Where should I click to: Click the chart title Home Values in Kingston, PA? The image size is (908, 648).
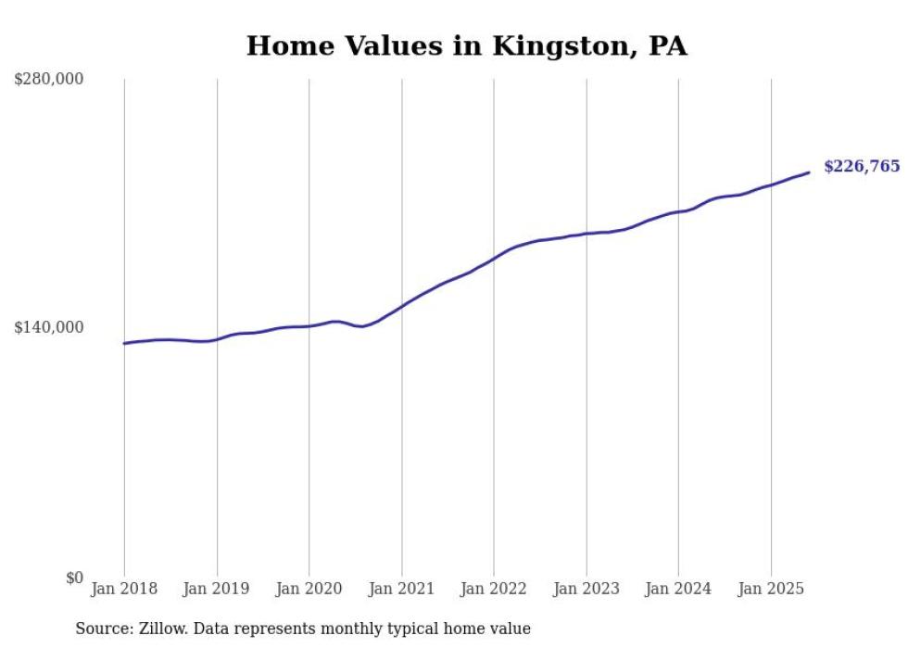pos(466,46)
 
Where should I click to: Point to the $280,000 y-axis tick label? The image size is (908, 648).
pos(48,80)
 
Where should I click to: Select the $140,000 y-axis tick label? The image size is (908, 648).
pos(48,327)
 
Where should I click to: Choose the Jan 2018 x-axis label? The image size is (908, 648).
pos(124,589)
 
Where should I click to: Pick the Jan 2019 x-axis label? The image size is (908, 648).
pos(217,589)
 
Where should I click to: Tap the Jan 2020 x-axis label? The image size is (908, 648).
pos(309,589)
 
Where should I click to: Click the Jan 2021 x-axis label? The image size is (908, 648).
pos(401,589)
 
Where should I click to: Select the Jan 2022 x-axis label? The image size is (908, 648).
pos(494,589)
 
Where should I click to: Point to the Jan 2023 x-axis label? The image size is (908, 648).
pos(586,589)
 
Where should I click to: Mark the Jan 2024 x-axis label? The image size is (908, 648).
pos(678,589)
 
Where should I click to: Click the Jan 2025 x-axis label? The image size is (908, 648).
pos(771,589)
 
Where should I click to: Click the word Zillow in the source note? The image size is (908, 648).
pos(158,629)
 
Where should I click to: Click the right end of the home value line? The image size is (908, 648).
pos(809,172)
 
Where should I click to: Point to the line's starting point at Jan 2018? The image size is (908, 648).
pos(124,343)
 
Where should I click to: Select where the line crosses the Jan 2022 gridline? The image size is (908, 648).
pos(494,258)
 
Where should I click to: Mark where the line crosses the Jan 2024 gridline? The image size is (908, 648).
pos(678,211)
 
